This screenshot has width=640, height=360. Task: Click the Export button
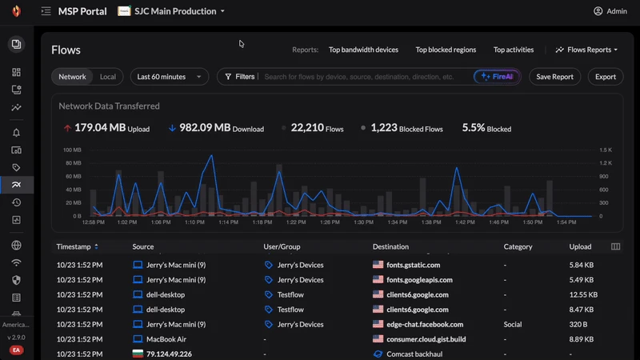click(606, 77)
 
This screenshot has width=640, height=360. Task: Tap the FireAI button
click(497, 77)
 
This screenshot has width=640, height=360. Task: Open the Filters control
click(240, 77)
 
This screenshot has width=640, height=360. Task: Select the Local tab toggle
click(107, 77)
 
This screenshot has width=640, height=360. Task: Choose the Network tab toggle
click(72, 77)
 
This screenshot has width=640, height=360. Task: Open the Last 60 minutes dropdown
click(169, 77)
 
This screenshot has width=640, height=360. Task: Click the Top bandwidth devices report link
click(363, 50)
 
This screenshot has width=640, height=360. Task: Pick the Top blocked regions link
click(446, 50)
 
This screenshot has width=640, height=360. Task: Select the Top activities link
click(513, 50)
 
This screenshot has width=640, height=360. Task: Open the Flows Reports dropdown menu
click(586, 50)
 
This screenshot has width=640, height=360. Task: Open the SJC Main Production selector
click(172, 11)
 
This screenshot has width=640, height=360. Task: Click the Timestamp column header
click(78, 246)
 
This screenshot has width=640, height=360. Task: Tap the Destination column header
click(390, 246)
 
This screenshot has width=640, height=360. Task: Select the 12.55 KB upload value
click(582, 294)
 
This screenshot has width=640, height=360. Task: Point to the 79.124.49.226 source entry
click(162, 353)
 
